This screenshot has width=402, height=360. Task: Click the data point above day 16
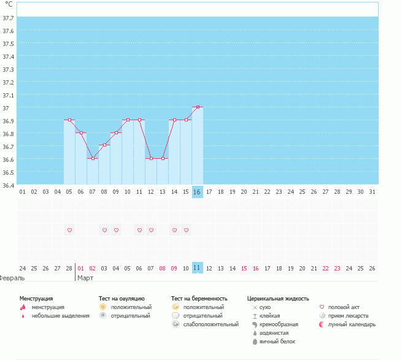(198, 107)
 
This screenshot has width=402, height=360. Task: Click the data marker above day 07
(93, 158)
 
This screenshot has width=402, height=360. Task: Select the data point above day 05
(70, 120)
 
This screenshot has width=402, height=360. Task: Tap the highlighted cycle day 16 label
(198, 192)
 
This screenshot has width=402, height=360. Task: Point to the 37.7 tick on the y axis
(9, 17)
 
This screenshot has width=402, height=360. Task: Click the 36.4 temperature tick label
(9, 185)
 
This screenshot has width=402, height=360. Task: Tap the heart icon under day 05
(70, 230)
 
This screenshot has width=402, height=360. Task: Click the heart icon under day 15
(186, 230)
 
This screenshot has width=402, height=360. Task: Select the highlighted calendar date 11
(198, 268)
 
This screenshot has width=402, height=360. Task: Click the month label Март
(85, 278)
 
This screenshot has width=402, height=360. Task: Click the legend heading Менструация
(36, 298)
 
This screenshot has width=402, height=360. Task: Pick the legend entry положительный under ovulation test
(131, 307)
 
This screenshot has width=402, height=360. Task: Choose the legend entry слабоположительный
(211, 324)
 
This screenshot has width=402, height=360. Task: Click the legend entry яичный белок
(277, 341)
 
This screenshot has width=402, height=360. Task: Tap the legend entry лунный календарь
(352, 324)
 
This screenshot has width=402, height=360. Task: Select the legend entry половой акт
(344, 307)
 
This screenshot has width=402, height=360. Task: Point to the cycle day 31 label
(372, 192)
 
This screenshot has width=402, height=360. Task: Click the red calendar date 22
(325, 268)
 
